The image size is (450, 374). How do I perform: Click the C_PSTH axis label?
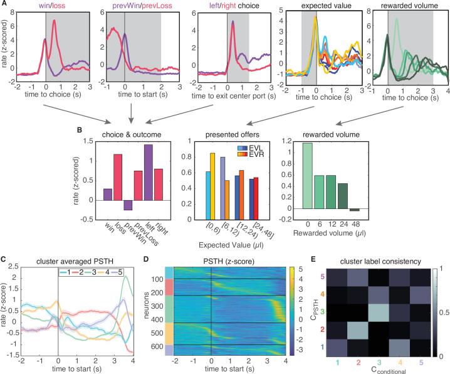pos(323,307)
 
